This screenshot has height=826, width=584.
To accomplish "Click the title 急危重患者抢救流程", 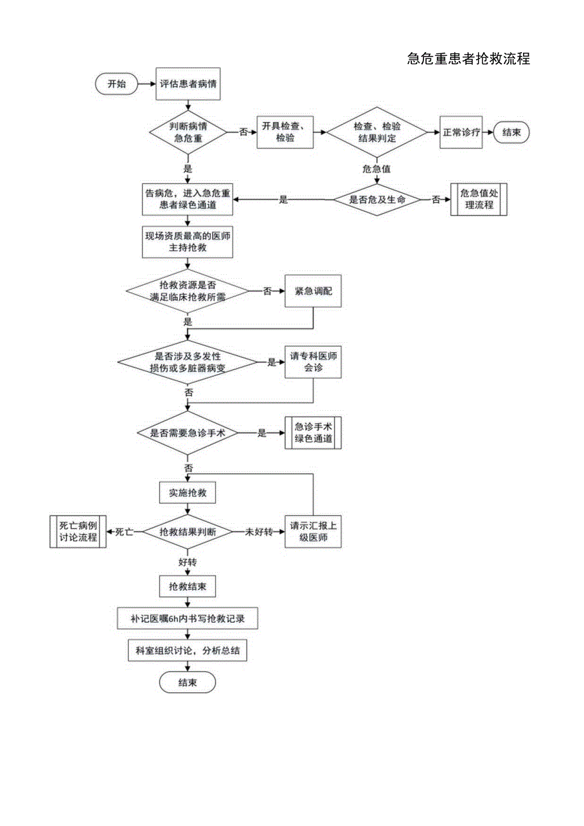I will [x=468, y=59].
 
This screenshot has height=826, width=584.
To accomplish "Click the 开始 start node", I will [x=117, y=84].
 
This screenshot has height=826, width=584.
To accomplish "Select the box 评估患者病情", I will [x=188, y=84].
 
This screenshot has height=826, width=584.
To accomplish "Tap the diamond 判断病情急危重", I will [x=188, y=132].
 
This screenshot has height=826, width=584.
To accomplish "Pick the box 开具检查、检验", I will [x=286, y=132].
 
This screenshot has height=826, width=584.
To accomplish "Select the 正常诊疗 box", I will [x=461, y=132].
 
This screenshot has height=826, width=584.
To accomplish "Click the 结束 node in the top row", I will [x=512, y=132].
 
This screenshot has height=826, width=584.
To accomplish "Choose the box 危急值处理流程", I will [x=479, y=199].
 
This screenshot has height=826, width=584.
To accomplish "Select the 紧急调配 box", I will [x=314, y=291].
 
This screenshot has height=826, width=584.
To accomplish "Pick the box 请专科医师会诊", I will [x=314, y=362].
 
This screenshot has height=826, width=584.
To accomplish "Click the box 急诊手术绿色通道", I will [x=314, y=432].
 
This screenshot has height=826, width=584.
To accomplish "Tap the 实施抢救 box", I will [x=187, y=492].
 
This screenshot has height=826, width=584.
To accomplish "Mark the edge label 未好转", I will [x=258, y=531].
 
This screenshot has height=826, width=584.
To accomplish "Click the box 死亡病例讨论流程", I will [x=78, y=531].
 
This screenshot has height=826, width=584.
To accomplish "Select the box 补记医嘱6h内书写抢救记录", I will [x=187, y=618].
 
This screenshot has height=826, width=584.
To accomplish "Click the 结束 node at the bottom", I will [x=187, y=683].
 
